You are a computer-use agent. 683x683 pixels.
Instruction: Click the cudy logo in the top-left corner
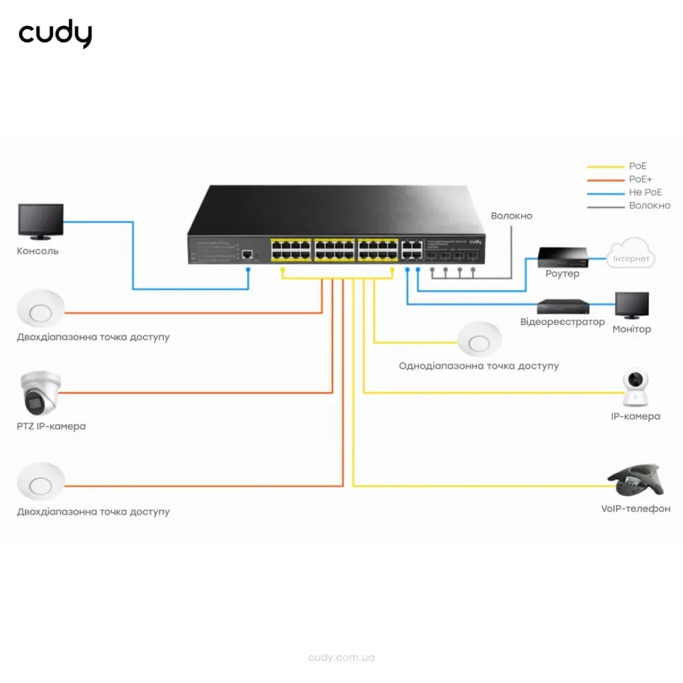55,35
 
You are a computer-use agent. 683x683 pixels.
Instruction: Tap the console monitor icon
41,222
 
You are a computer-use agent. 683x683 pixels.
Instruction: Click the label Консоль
38,251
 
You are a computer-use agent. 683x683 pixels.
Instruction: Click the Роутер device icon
562,257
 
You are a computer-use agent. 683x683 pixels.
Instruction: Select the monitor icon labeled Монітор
632,306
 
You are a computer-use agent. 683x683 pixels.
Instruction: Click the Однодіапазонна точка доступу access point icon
479,338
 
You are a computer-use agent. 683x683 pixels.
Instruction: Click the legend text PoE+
641,180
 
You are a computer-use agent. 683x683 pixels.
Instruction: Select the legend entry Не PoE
645,193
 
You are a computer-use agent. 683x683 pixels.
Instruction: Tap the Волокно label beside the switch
511,216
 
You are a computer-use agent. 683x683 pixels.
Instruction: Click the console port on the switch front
247,255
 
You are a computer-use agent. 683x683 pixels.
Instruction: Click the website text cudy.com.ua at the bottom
341,658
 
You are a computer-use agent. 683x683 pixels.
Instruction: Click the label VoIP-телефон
636,509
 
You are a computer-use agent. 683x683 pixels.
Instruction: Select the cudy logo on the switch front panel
475,242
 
